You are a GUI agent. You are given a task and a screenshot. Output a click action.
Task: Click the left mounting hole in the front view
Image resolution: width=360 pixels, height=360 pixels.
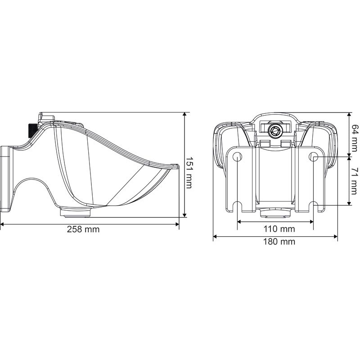coord(238,156)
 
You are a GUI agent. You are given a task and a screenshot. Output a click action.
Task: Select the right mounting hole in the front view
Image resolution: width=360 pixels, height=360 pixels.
coord(313,156)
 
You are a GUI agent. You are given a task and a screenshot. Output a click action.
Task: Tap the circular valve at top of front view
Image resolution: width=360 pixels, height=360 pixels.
coord(275,130)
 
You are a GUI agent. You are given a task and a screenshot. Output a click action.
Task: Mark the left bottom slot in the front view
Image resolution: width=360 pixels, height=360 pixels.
coord(238,207)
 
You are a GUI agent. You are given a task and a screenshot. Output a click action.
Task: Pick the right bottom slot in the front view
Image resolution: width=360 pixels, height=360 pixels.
coord(313,207)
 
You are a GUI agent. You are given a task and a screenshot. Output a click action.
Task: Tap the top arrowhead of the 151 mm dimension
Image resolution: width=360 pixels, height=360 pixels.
coord(184,115)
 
